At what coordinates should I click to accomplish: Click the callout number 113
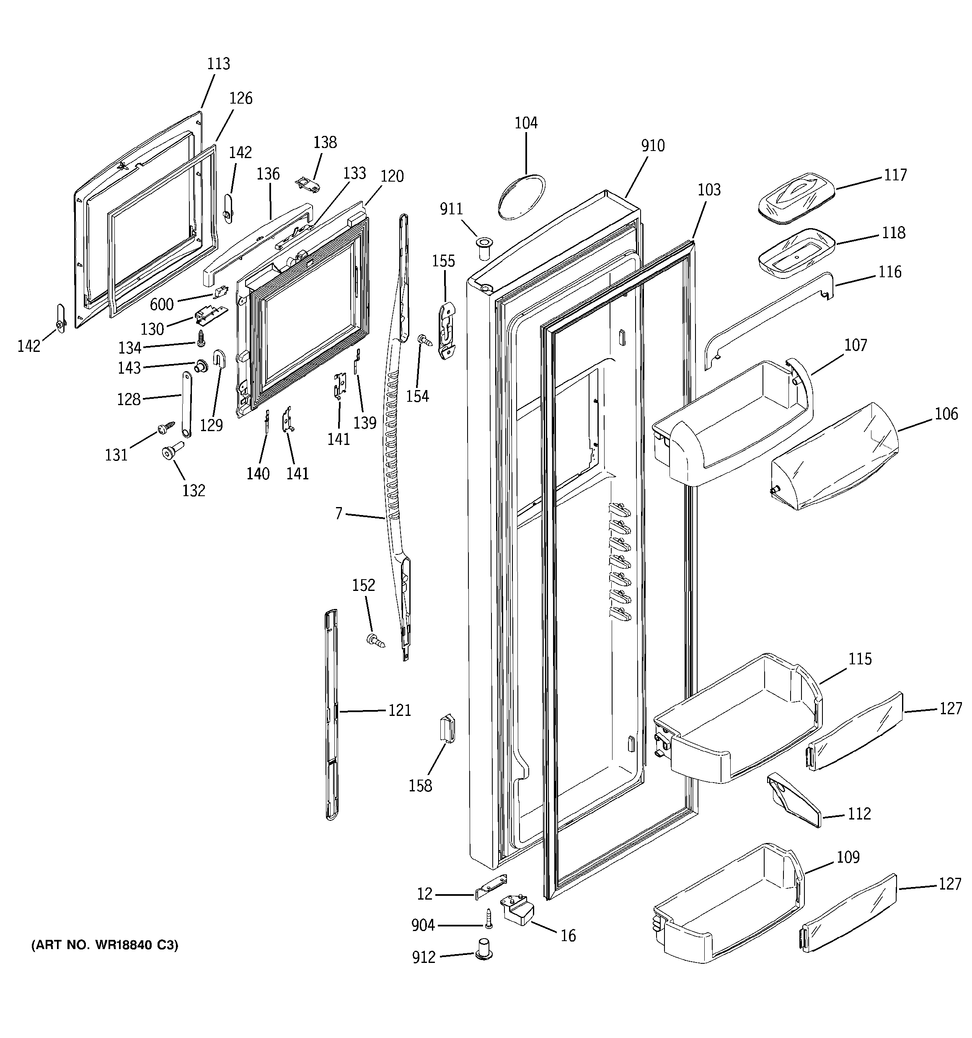[218, 64]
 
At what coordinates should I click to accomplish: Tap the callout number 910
[653, 146]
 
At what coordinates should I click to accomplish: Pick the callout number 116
[889, 272]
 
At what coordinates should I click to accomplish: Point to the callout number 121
[399, 710]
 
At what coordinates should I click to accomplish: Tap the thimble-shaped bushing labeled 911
[483, 248]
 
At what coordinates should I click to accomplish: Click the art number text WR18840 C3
[104, 945]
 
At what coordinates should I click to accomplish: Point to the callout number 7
[339, 514]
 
